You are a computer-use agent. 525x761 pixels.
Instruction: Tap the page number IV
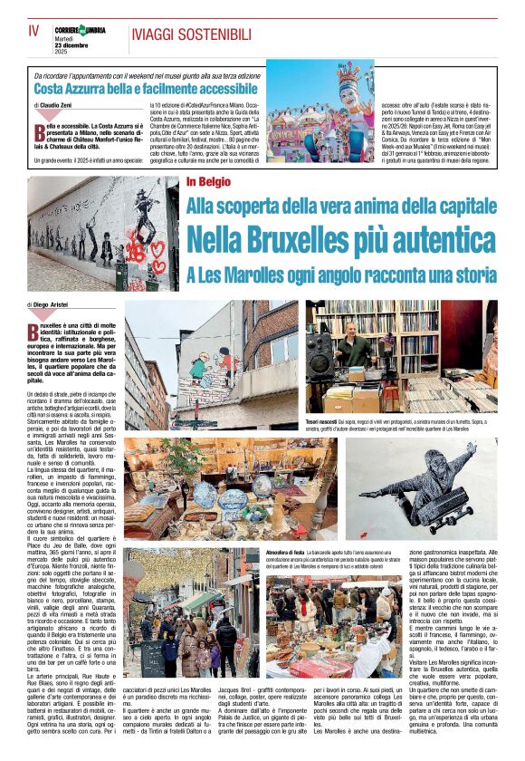point(34,31)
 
